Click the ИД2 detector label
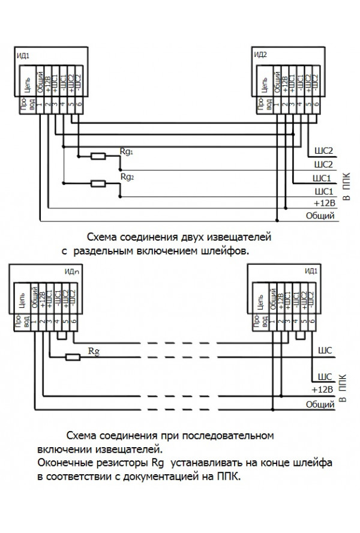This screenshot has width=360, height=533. [x=260, y=55]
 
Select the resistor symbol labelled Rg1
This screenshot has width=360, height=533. [x=98, y=157]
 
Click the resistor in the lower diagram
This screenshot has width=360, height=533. [x=73, y=357]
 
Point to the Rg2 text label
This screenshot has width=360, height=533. [x=127, y=178]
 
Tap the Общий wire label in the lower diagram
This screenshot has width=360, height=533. [x=320, y=406]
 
